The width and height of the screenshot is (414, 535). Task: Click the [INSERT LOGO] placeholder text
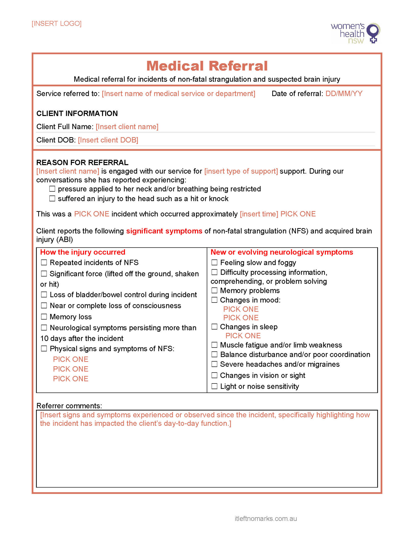pyautogui.click(x=56, y=24)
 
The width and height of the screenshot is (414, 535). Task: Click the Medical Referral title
pyautogui.click(x=207, y=66)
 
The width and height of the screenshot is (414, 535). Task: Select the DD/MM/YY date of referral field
pyautogui.click(x=344, y=94)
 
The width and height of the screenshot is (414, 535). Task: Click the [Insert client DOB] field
pyautogui.click(x=108, y=140)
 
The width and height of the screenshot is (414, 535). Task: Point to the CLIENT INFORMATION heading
pyautogui.click(x=77, y=113)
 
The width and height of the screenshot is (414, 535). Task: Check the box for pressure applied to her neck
pyautogui.click(x=52, y=189)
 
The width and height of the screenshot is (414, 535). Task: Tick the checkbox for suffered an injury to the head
pyautogui.click(x=52, y=199)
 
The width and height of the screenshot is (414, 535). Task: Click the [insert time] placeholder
pyautogui.click(x=259, y=214)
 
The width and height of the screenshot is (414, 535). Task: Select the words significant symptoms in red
pyautogui.click(x=164, y=231)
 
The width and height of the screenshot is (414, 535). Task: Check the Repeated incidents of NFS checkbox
pyautogui.click(x=44, y=262)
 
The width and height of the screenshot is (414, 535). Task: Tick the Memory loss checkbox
pyautogui.click(x=44, y=317)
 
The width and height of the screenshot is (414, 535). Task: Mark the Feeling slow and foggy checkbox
pyautogui.click(x=214, y=262)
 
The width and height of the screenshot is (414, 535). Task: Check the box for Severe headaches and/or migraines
pyautogui.click(x=214, y=364)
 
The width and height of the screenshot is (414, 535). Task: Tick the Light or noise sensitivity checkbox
pyautogui.click(x=214, y=386)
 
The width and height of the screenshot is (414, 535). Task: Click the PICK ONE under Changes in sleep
pyautogui.click(x=243, y=336)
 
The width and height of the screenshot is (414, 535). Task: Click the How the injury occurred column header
pyautogui.click(x=83, y=252)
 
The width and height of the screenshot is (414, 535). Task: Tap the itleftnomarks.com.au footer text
pyautogui.click(x=266, y=519)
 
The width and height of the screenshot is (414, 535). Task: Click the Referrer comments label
pyautogui.click(x=69, y=406)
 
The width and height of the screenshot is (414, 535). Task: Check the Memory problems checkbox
pyautogui.click(x=214, y=290)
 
